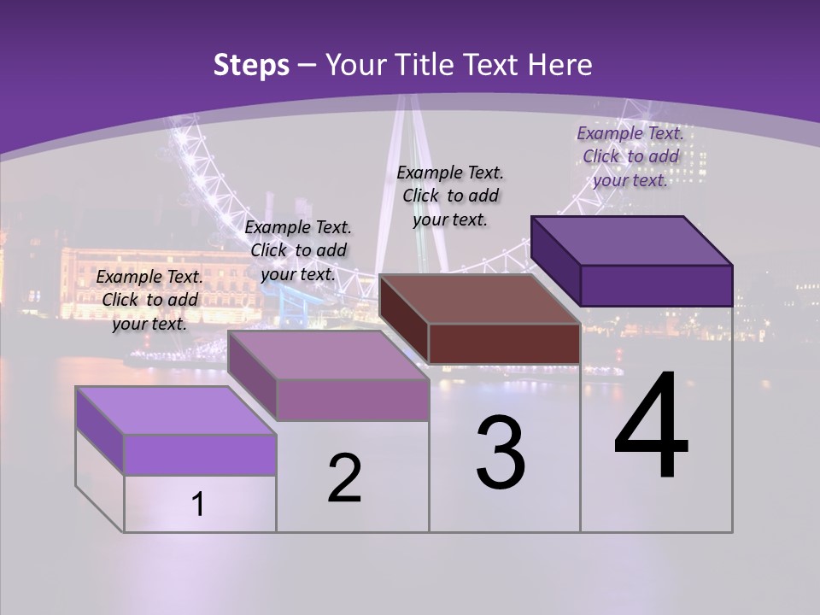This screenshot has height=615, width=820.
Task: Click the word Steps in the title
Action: [x=251, y=65]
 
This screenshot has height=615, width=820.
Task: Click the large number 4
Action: [x=651, y=429]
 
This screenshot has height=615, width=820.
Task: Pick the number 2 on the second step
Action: [x=344, y=478]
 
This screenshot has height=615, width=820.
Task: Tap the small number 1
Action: [x=198, y=504]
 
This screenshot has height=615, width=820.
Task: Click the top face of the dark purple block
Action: [x=630, y=240]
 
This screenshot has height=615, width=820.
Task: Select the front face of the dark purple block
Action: [x=656, y=285]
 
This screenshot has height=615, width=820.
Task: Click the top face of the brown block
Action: [x=478, y=299]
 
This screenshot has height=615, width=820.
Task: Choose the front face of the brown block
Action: [x=504, y=344]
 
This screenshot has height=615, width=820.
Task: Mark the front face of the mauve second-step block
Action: [x=353, y=400]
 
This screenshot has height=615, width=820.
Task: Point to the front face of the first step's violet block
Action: [x=200, y=454]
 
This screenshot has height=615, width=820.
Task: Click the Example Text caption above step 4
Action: [x=630, y=156]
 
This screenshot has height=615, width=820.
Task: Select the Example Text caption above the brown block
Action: [x=450, y=196]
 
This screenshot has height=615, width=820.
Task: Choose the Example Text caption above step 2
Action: [x=298, y=250]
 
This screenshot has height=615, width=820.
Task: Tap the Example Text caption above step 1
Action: [x=149, y=300]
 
